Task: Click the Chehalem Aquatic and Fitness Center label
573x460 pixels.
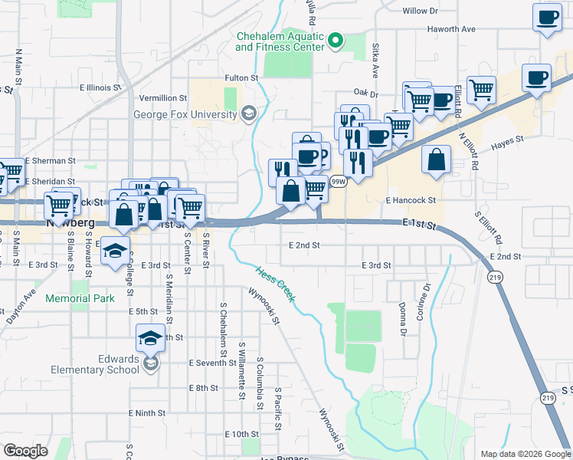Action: pos(280,41)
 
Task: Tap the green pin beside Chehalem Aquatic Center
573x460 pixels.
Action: pos(335,40)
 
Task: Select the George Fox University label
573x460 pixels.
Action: pos(185,115)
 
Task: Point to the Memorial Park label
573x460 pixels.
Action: pos(80,298)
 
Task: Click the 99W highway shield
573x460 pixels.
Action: pos(338,182)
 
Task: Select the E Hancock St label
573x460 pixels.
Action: pos(411,200)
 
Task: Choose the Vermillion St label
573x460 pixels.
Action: pos(162,98)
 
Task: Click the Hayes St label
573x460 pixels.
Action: pos(506,141)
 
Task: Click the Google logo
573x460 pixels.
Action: pos(26,451)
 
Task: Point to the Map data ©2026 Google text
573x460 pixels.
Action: pos(525,454)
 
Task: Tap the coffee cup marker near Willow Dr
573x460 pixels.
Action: pos(547,18)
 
